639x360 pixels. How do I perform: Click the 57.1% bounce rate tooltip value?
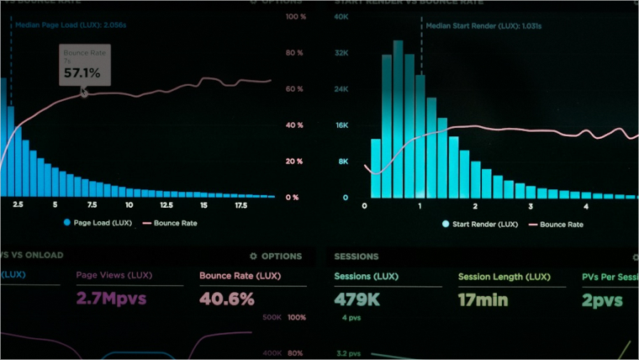point(82,73)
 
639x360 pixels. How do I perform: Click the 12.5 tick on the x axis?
point(166,205)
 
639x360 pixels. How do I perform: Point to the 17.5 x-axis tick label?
point(240,205)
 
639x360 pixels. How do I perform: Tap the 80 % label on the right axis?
point(293,53)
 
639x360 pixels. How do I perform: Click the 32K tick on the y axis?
point(341,53)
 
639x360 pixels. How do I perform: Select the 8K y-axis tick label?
point(343,161)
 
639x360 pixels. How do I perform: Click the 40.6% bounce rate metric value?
point(226,299)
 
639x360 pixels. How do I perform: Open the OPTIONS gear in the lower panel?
point(276,257)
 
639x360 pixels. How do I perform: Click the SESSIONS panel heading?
point(356,257)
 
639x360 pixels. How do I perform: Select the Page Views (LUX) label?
point(113,276)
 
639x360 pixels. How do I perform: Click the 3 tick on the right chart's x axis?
point(530,205)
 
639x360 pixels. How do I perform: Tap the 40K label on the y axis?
point(341,17)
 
